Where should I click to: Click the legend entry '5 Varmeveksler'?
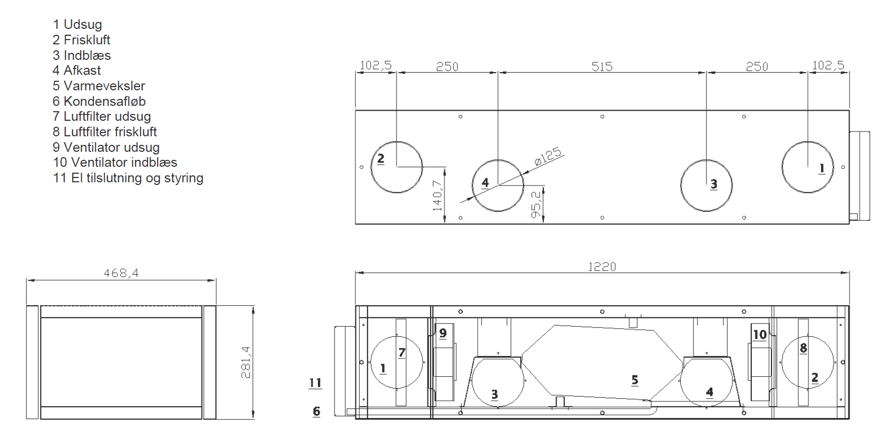[99, 86]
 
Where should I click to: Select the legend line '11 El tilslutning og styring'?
[128, 178]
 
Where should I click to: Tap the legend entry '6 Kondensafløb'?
[99, 102]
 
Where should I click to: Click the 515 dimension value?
[602, 67]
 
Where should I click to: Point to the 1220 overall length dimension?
[602, 267]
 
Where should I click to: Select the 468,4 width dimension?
[121, 273]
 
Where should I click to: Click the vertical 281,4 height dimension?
[246, 362]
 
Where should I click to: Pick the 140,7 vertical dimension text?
[438, 195]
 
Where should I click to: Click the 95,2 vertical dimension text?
[536, 205]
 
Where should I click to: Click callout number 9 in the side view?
[443, 333]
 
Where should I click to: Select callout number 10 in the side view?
[759, 335]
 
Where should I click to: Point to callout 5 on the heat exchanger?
[635, 380]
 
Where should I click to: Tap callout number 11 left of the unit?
[315, 383]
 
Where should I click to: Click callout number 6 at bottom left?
[316, 412]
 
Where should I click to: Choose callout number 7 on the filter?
[402, 352]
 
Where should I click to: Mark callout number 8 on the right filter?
[803, 348]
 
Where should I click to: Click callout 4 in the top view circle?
[485, 183]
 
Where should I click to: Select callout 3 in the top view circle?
[714, 184]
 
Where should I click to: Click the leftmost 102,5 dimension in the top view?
[375, 65]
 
